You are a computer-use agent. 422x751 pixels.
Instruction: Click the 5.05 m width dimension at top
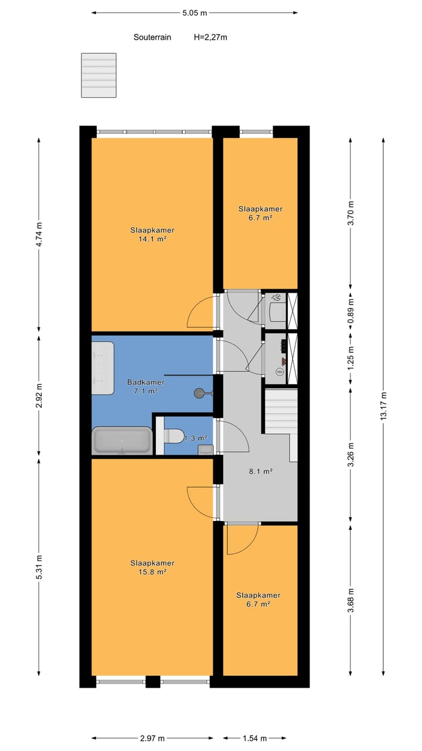[195, 12]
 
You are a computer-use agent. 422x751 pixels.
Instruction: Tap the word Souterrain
[152, 37]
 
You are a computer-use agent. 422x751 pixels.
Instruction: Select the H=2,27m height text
[210, 37]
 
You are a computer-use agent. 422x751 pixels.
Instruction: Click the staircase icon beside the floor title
[99, 76]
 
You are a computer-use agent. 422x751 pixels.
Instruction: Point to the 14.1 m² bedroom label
[152, 235]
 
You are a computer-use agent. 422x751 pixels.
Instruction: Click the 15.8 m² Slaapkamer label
[152, 567]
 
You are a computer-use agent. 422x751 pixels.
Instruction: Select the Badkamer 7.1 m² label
[146, 386]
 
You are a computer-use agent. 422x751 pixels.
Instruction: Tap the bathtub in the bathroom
[122, 440]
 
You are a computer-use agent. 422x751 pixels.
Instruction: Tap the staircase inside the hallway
[279, 411]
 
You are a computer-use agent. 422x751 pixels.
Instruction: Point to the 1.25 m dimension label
[350, 358]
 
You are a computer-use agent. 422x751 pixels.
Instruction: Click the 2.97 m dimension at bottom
[152, 738]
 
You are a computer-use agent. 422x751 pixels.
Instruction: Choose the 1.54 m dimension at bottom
[254, 738]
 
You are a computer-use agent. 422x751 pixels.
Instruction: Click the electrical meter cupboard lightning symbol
[280, 371]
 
